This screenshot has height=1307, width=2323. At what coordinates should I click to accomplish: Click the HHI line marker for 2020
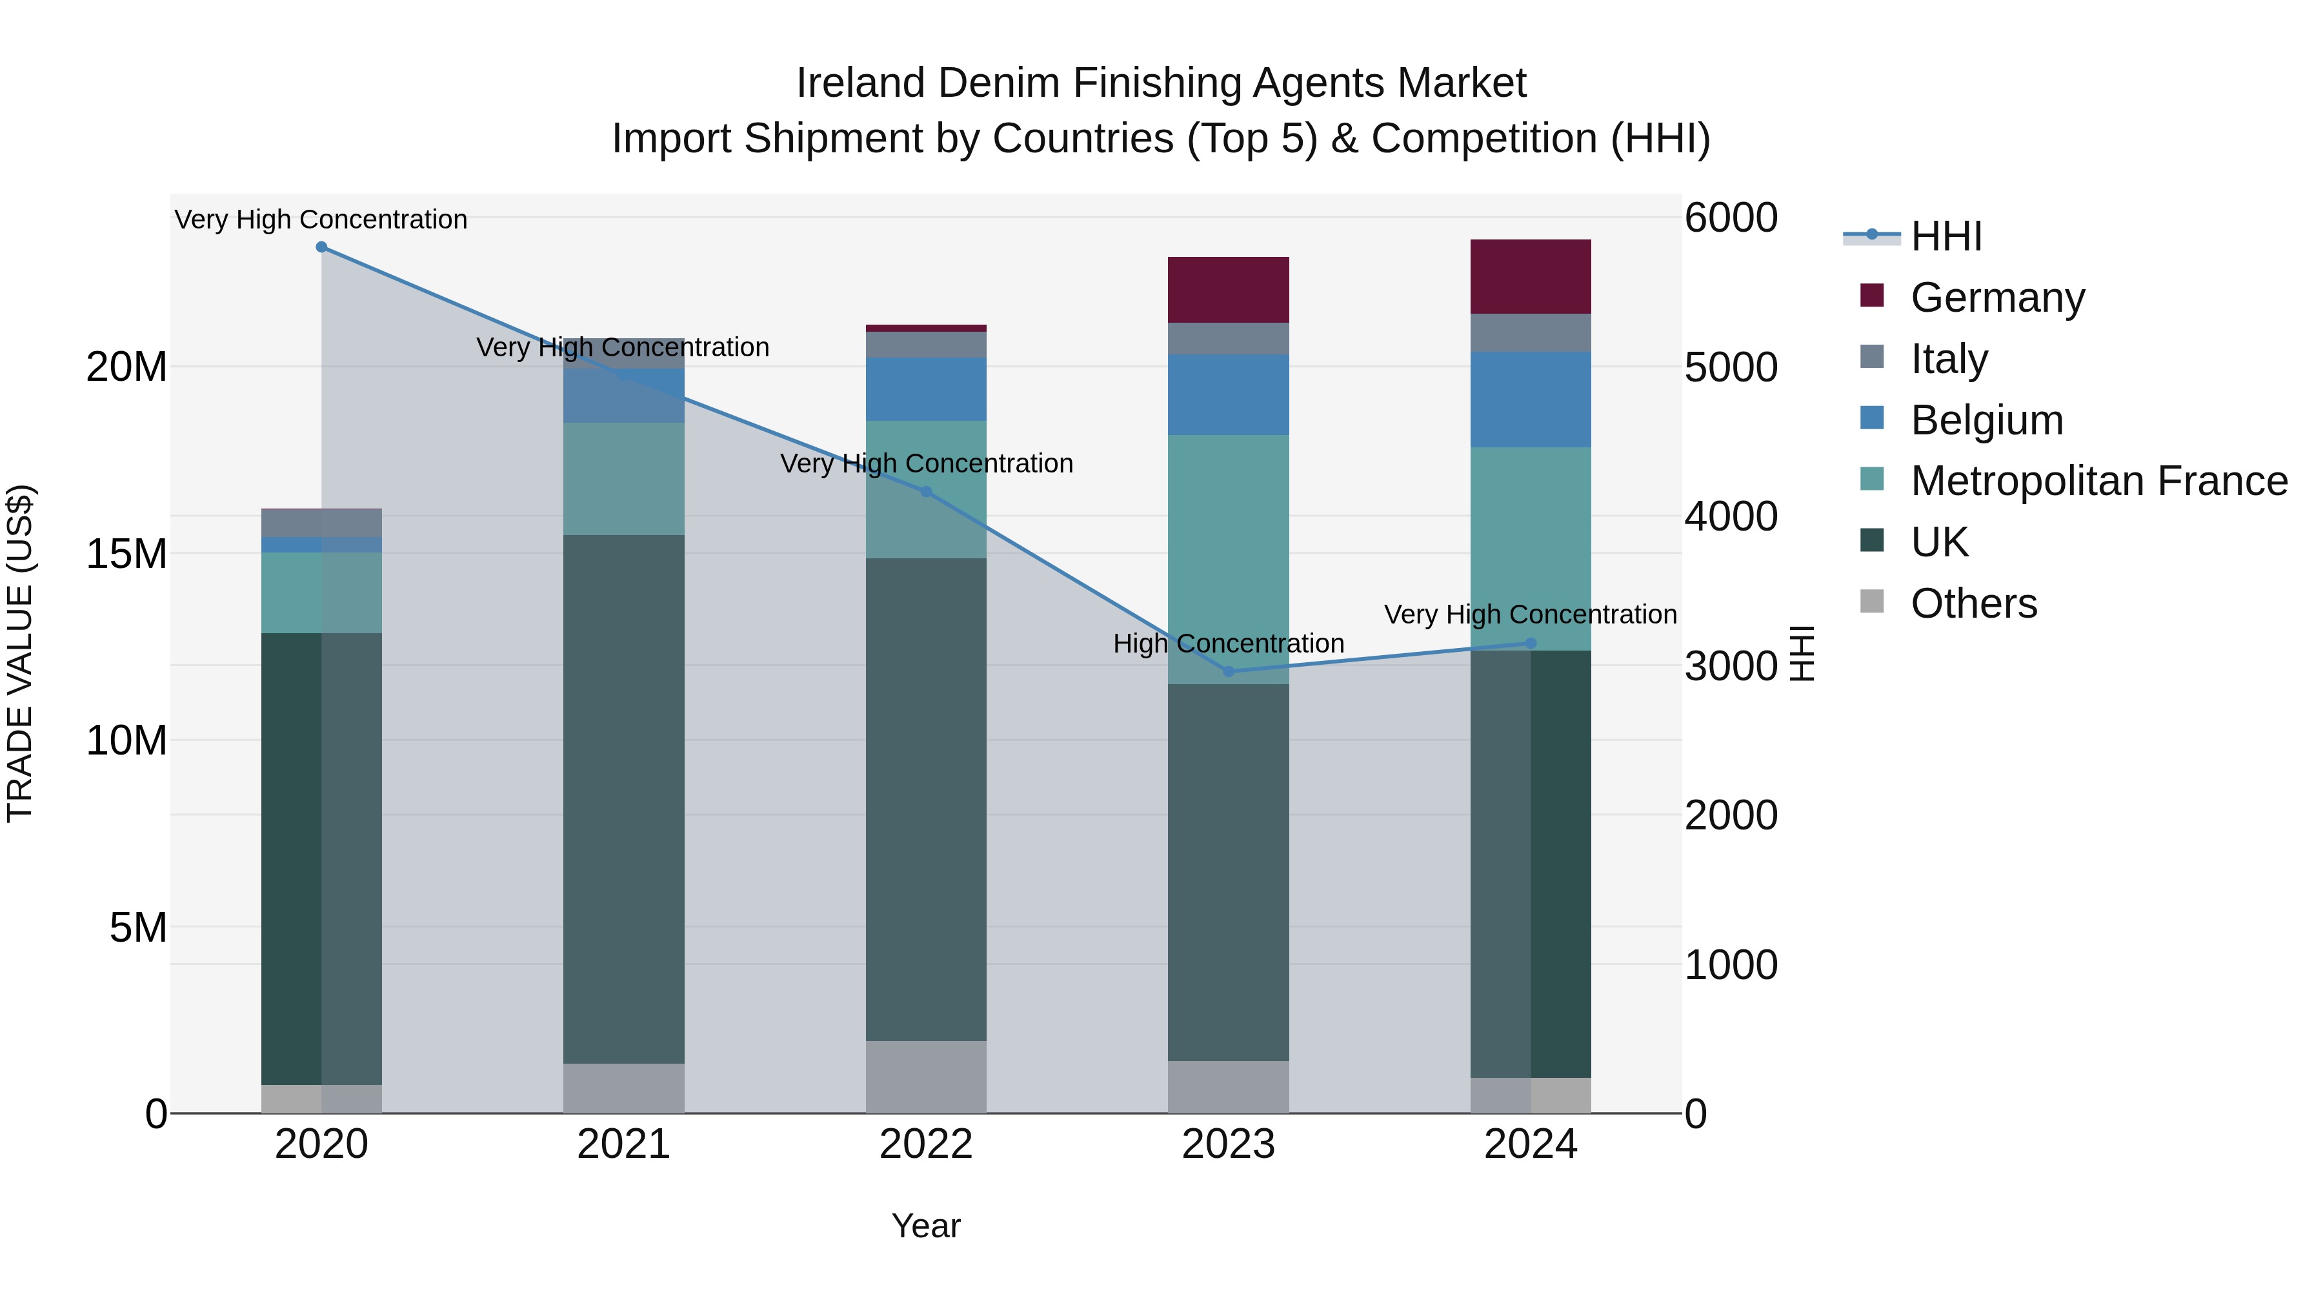coord(321,247)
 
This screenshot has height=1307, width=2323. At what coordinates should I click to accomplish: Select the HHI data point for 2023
coord(1228,671)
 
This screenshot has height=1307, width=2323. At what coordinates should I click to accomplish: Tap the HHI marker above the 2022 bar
coord(926,492)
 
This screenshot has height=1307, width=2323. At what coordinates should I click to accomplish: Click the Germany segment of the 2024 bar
coord(1531,277)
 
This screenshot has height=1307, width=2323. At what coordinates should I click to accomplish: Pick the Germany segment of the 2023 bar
coord(1228,290)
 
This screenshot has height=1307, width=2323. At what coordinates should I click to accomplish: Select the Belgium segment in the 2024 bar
coord(1531,400)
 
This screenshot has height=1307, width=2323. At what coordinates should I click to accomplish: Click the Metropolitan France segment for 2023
coord(1228,559)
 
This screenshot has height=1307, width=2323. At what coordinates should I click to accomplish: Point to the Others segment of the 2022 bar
coord(926,1077)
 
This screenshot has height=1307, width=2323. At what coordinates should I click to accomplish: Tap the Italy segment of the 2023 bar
coord(1228,338)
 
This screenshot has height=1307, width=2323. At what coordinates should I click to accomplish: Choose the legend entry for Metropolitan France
coord(2098,481)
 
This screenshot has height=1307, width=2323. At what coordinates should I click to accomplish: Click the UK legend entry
coord(1939,542)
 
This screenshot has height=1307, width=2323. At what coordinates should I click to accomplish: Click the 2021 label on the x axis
coord(623,1144)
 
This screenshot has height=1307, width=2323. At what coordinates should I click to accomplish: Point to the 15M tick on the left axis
coord(126,553)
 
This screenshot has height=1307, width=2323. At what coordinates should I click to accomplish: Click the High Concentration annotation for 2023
coord(1228,643)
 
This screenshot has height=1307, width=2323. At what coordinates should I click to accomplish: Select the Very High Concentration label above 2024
coord(1531,614)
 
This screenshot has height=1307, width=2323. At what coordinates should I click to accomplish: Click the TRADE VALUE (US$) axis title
coord(20,653)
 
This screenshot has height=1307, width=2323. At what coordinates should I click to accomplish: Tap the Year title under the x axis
coord(926,1226)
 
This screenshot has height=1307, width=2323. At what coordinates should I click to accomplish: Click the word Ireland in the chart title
coord(860,83)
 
